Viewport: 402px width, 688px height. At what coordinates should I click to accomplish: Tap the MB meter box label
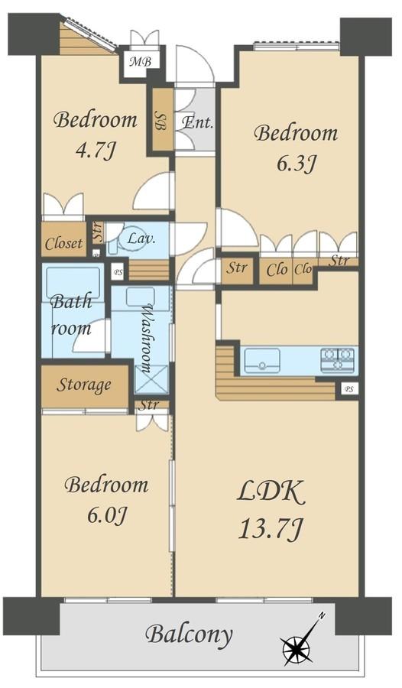point(140,61)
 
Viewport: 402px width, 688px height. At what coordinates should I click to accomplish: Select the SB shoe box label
point(160,120)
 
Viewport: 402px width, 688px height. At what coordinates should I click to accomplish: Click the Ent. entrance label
point(197,122)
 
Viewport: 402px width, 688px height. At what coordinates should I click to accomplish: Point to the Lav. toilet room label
point(141,239)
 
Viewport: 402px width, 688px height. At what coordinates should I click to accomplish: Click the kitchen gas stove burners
point(337,360)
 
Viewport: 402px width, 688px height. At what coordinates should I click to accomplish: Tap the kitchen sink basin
point(262,360)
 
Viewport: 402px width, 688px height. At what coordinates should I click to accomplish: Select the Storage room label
point(83,385)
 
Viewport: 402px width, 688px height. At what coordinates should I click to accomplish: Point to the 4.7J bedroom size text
point(96,151)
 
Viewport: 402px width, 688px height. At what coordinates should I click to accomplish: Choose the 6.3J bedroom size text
point(297,164)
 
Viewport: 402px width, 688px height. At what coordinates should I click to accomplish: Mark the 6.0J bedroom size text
point(107,514)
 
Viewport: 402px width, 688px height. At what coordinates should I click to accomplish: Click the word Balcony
point(189,634)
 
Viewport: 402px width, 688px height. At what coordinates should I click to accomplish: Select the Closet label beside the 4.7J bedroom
point(63,242)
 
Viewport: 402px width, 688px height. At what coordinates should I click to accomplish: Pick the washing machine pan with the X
point(151,378)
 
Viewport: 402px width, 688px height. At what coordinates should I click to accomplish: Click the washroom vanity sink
point(141,297)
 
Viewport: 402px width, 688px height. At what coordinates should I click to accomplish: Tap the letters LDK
point(271,492)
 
